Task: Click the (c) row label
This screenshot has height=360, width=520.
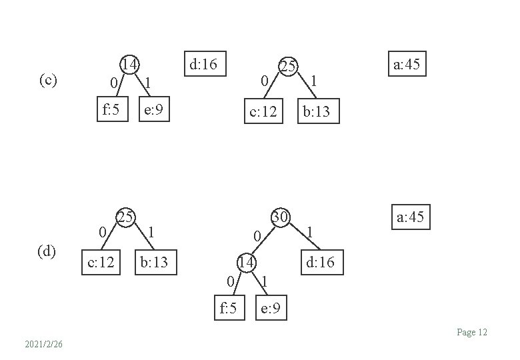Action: [48, 81]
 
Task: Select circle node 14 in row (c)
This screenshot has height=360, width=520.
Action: [129, 65]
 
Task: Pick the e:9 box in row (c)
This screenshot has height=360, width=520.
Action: [154, 110]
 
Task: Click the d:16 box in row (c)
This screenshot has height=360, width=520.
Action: [203, 65]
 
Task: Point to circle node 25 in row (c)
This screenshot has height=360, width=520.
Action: [287, 66]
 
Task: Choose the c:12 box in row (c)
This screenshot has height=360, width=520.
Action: [263, 112]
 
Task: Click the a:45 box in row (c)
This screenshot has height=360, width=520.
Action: [407, 65]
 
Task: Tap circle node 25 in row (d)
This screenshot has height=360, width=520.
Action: [125, 217]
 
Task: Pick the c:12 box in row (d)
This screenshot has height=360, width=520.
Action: [101, 263]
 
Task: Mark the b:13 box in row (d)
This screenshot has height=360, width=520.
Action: [154, 263]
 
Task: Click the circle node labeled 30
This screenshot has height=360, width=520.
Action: [279, 217]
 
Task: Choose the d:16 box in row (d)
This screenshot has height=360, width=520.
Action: [321, 263]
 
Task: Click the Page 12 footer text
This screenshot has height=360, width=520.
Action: [472, 332]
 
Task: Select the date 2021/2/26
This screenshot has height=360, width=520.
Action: [43, 344]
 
